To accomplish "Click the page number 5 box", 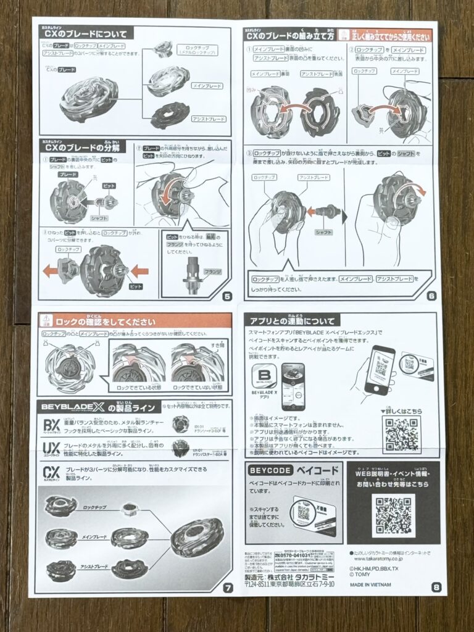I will tap(227, 296).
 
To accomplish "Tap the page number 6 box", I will tap(431, 296).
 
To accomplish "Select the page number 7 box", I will tap(228, 587).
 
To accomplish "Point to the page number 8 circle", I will tap(436, 587).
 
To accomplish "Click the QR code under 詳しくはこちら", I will tap(401, 434).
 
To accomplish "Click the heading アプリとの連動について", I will tap(293, 321).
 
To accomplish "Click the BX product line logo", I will tap(51, 425).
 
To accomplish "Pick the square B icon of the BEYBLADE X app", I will tap(265, 378).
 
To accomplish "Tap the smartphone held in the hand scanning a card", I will tap(379, 370).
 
